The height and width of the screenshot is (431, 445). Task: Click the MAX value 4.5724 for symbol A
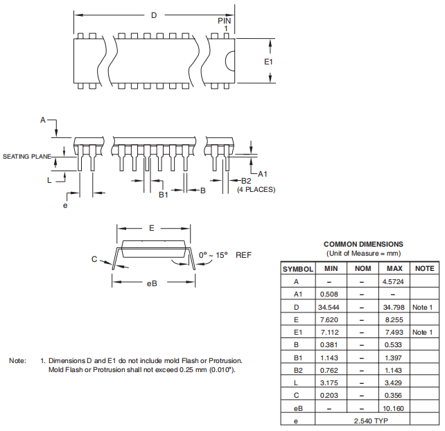tap(394, 281)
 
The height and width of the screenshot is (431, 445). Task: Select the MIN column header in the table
tap(331, 268)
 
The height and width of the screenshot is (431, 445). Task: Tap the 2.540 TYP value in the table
tap(363, 421)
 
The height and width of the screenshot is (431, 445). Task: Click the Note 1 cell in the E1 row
tap(423, 333)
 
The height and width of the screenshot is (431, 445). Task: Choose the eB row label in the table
tap(297, 408)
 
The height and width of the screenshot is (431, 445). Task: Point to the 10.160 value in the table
tap(394, 408)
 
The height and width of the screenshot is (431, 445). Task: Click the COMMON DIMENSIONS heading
tap(363, 244)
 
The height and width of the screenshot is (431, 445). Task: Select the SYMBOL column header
tap(298, 268)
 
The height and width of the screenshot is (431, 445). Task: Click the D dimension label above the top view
tap(154, 15)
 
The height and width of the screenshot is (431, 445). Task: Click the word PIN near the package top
tap(225, 21)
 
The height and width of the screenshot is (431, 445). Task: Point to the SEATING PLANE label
tap(27, 157)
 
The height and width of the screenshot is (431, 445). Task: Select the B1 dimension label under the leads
tap(164, 195)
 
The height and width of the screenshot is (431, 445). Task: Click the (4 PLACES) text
tap(256, 190)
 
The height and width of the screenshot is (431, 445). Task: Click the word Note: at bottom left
tap(17, 360)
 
